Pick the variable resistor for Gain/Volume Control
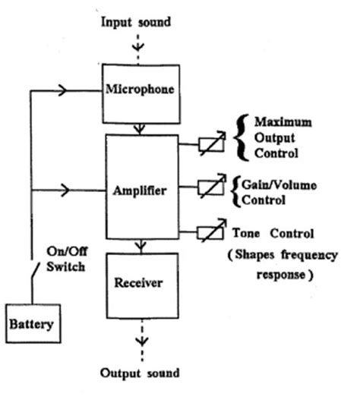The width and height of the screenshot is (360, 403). [210, 187]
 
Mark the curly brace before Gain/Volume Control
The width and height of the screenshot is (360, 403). [236, 193]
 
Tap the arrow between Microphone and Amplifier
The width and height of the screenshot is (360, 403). [141, 128]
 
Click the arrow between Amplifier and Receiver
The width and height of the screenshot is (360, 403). [141, 246]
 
